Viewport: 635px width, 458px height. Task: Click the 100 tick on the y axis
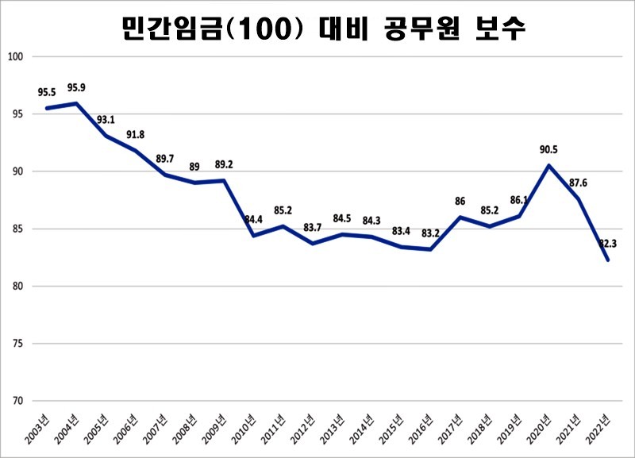[17, 57]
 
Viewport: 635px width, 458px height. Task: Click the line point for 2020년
[548, 165]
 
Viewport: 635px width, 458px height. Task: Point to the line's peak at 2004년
[76, 103]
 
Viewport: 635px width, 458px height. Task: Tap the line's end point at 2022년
[608, 260]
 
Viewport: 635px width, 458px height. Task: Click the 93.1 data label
[106, 120]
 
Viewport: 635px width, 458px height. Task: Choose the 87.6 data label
[578, 183]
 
